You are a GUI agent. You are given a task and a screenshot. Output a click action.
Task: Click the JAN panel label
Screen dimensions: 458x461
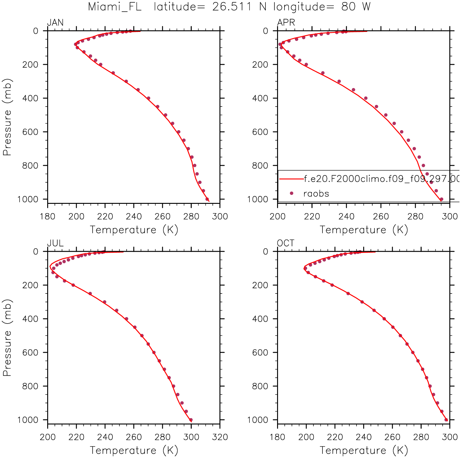pyautogui.click(x=55, y=23)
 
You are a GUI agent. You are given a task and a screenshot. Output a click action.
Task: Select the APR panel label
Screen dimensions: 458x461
pyautogui.click(x=286, y=23)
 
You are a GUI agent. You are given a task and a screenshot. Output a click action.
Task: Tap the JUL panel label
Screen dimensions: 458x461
pyautogui.click(x=55, y=243)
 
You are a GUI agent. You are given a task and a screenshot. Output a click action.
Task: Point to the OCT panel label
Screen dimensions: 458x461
pyautogui.click(x=285, y=243)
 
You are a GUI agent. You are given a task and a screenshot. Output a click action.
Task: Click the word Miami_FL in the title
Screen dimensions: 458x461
pyautogui.click(x=115, y=7)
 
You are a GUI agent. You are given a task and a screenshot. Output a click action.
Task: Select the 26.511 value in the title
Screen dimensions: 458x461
pyautogui.click(x=231, y=7)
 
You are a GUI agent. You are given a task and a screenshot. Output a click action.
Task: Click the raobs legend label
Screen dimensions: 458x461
pyautogui.click(x=316, y=194)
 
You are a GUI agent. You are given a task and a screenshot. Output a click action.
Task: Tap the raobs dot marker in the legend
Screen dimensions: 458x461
pyautogui.click(x=291, y=193)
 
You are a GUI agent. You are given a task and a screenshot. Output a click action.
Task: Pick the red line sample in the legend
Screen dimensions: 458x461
pyautogui.click(x=291, y=179)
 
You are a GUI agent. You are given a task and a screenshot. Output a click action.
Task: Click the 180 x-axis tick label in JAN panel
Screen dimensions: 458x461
pyautogui.click(x=48, y=217)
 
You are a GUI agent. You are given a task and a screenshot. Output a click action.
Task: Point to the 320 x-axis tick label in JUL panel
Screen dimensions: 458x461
pyautogui.click(x=220, y=437)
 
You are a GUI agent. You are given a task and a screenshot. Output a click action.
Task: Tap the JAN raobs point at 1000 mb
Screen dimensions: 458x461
pyautogui.click(x=207, y=199)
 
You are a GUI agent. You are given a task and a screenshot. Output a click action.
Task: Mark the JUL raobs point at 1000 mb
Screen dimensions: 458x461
pyautogui.click(x=191, y=420)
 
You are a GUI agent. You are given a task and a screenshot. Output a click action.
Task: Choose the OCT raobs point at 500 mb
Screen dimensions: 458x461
pyautogui.click(x=400, y=336)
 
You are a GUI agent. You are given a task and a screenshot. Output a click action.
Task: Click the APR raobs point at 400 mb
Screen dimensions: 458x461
pyautogui.click(x=366, y=98)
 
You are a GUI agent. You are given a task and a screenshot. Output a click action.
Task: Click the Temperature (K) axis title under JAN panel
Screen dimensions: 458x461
pyautogui.click(x=134, y=230)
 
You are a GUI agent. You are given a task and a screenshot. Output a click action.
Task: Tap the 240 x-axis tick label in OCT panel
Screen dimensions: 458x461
pyautogui.click(x=364, y=437)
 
